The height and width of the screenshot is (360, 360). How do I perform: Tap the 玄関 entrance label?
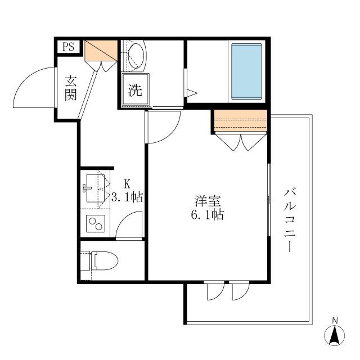pyautogui.click(x=70, y=88)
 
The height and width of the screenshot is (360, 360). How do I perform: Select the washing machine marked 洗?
pyautogui.click(x=136, y=91)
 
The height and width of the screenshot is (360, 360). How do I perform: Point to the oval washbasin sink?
pyautogui.click(x=136, y=55)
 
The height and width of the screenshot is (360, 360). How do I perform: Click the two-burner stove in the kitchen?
pyautogui.click(x=95, y=224)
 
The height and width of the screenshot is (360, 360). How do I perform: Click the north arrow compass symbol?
pyautogui.click(x=335, y=336)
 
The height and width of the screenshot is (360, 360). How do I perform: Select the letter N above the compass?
pyautogui.click(x=335, y=321)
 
